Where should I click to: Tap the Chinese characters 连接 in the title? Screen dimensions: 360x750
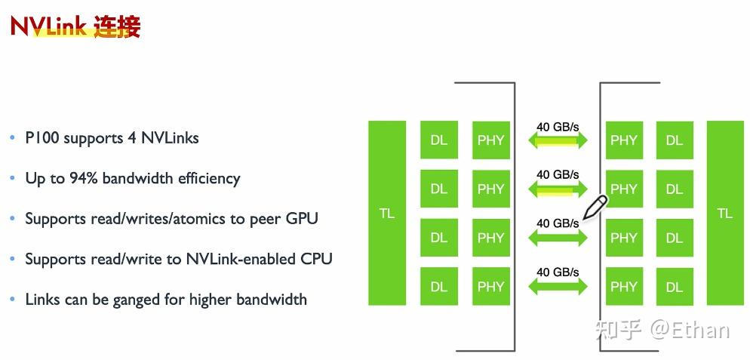117,26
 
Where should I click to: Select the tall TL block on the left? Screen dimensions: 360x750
386,213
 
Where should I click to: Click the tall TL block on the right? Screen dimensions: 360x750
724,213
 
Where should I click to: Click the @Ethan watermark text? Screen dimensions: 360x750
690,330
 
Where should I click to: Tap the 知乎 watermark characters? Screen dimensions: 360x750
619,330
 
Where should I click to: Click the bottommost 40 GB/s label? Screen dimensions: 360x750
558,272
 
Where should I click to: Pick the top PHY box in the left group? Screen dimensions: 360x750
490,140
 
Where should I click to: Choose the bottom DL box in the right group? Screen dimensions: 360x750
674,287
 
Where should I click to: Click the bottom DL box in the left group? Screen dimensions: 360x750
438,287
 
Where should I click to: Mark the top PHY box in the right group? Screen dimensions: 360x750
623,140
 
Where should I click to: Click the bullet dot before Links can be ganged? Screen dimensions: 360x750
12,300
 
